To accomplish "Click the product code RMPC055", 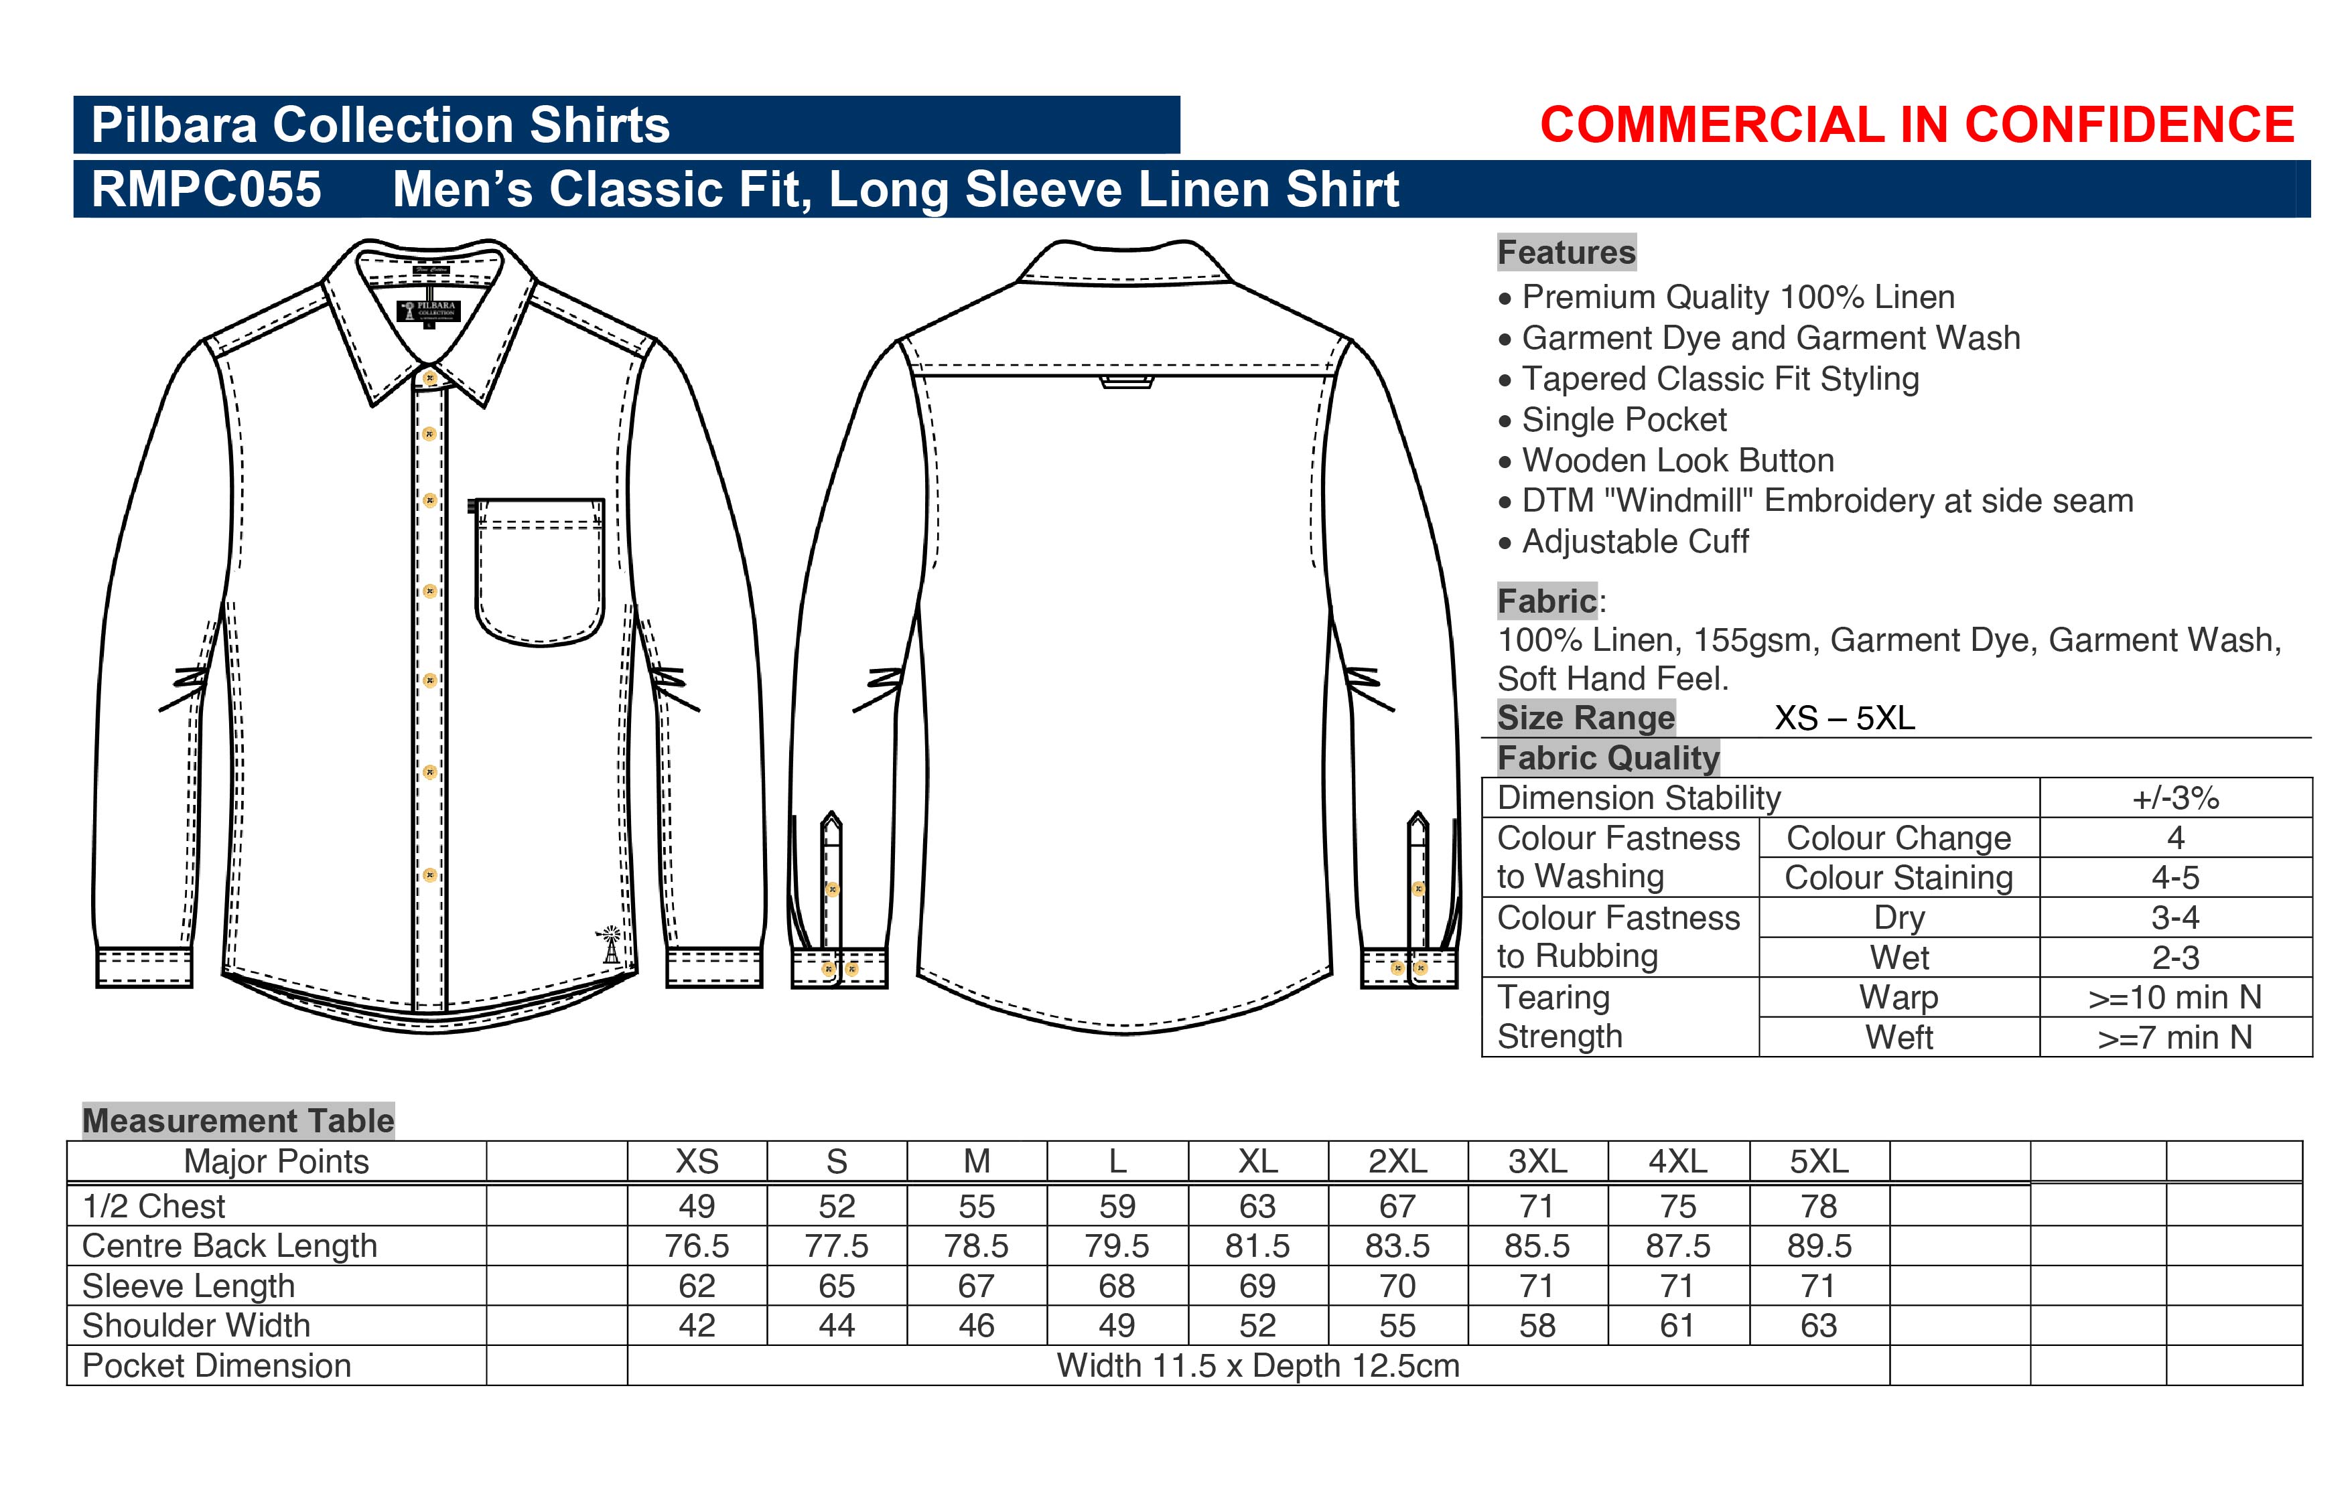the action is point(206,189).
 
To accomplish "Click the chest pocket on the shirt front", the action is point(539,571).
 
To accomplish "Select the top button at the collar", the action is point(429,377).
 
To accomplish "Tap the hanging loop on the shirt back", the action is point(1126,382).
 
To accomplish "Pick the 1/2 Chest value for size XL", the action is point(1257,1206).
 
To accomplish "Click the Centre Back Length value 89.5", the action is point(1819,1246).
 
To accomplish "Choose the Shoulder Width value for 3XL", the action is point(1537,1325).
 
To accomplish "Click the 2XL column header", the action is point(1397,1162).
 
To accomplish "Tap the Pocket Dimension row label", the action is point(217,1366).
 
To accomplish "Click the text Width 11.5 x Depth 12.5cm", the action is point(1258,1366).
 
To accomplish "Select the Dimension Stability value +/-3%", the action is point(2175,798).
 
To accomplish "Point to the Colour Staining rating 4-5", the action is point(2175,877).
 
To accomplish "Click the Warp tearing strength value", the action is point(2175,998).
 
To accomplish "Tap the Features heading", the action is point(1566,252).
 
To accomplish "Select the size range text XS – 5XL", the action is point(1844,718).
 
